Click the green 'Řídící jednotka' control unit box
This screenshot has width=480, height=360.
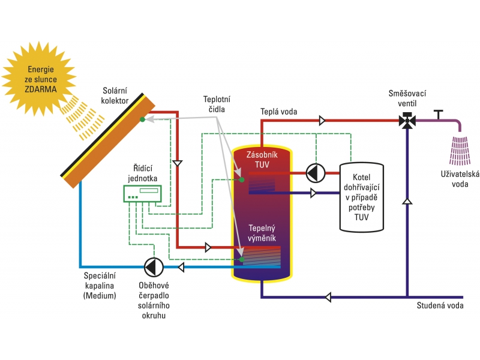(143, 193)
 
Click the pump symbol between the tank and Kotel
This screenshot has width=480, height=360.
(314, 173)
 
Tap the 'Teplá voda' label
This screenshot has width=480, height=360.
(278, 112)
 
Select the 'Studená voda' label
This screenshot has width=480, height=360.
(440, 306)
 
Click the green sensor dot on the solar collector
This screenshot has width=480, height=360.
(142, 119)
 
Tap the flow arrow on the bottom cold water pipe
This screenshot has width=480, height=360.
(328, 296)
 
